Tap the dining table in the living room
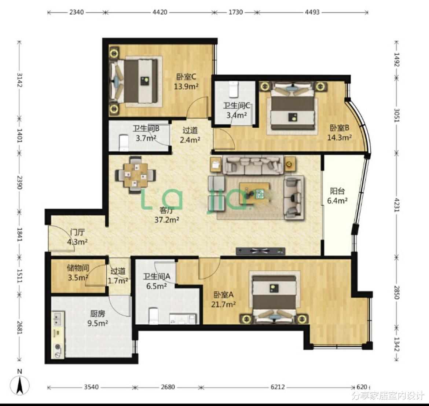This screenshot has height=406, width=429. pos(135,175)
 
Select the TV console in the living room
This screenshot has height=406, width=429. pos(260,251)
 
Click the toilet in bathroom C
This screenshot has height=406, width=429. pos(233,89)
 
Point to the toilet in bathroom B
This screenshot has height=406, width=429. pos(124,142)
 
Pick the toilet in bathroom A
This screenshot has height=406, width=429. pos(154,316)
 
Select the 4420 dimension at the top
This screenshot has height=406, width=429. pos(160,12)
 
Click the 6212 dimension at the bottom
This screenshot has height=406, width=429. pos(278,387)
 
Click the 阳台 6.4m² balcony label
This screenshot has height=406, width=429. pos(337,196)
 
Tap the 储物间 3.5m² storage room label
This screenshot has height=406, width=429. pos(78,273)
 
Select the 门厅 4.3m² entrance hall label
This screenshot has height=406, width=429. pos(77,237)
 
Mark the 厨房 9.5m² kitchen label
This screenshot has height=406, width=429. pos(98,318)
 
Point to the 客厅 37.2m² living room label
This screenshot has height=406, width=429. pos(167,215)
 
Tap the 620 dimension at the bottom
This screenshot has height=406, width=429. pos(362,387)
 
